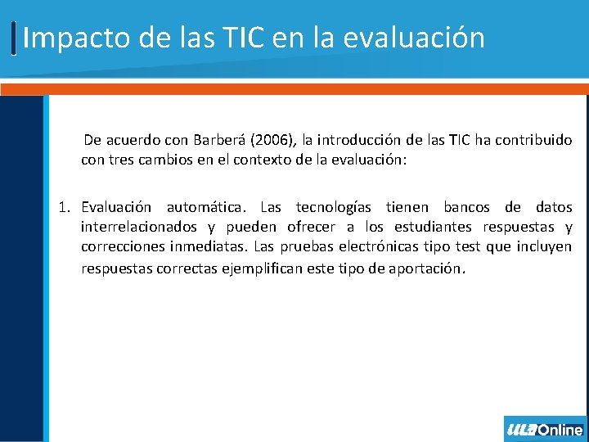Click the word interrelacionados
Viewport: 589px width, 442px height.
(x=139, y=227)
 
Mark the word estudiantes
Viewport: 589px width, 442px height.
(x=433, y=227)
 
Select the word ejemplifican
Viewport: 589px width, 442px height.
(x=265, y=267)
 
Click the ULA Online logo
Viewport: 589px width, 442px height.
(x=545, y=429)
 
